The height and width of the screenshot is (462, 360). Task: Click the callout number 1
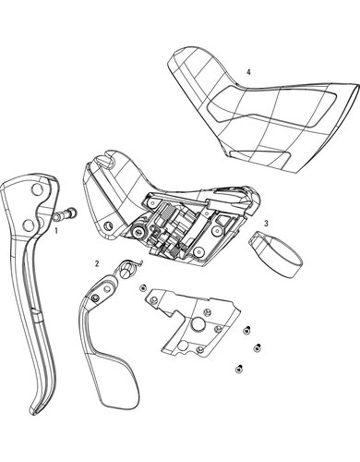(56, 230)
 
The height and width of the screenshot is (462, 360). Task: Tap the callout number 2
(97, 263)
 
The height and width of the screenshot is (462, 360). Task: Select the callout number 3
(266, 224)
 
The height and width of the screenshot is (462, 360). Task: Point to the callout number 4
(248, 72)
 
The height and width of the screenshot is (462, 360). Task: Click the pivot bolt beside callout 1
(66, 213)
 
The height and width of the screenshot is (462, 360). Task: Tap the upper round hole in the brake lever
(37, 189)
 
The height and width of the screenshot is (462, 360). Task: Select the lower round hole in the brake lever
(28, 225)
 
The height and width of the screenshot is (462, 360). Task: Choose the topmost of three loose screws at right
(246, 330)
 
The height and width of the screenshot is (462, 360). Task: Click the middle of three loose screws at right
(257, 347)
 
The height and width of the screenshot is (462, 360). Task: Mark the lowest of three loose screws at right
(238, 368)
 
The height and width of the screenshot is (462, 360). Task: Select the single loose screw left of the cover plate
(142, 288)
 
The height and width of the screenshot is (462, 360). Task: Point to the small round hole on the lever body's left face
(108, 224)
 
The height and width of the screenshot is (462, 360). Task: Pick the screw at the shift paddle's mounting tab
(95, 298)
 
